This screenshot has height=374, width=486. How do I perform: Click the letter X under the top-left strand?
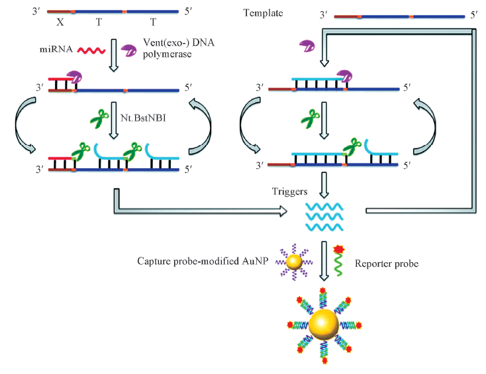pyautogui.click(x=59, y=22)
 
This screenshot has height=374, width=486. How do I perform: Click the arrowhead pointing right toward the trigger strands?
pyautogui.click(x=283, y=211)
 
